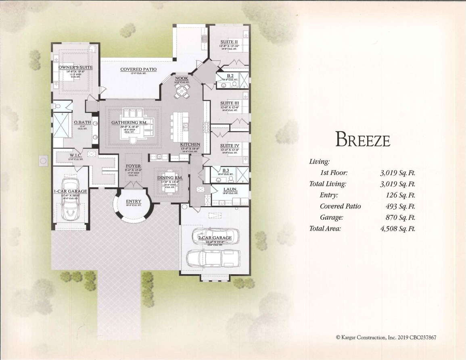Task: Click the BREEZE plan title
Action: click(x=363, y=139)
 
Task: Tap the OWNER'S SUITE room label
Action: click(x=75, y=67)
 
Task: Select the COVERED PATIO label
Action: click(x=138, y=70)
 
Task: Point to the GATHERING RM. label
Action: click(x=129, y=123)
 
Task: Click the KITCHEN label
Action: click(x=190, y=144)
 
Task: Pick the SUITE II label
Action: click(x=229, y=42)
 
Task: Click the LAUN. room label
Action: click(x=230, y=189)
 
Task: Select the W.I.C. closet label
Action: click(x=75, y=155)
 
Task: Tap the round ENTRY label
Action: click(x=134, y=201)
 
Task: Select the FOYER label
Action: click(x=133, y=166)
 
